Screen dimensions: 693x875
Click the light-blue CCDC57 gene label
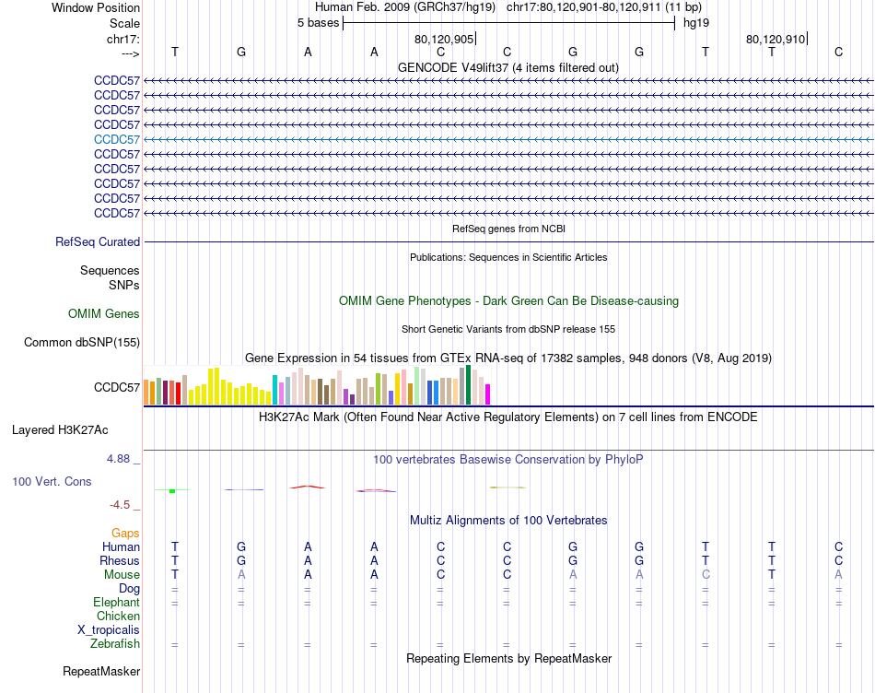click(117, 139)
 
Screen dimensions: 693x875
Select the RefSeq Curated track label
click(98, 242)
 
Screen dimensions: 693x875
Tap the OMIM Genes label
click(104, 314)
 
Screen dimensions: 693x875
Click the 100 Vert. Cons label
click(52, 482)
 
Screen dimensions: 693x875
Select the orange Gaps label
click(126, 534)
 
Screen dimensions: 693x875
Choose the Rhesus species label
click(120, 561)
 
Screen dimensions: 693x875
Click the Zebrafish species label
click(115, 644)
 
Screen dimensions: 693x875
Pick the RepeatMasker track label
click(101, 672)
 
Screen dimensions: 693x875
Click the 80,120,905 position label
click(444, 40)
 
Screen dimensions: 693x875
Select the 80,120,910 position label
click(776, 40)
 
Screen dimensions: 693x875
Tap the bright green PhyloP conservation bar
click(172, 491)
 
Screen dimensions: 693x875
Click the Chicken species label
click(119, 617)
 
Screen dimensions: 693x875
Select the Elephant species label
click(116, 603)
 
